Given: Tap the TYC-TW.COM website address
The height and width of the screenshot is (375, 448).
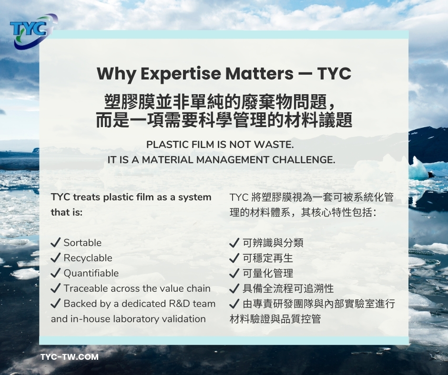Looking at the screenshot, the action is [x=70, y=357].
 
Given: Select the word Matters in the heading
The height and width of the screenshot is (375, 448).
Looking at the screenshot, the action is [x=259, y=74].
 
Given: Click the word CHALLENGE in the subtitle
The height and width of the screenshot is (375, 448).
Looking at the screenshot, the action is [x=304, y=159].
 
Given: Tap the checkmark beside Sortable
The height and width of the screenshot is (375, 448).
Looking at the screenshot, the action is [x=55, y=242].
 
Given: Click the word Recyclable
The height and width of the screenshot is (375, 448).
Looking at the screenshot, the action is [x=88, y=258].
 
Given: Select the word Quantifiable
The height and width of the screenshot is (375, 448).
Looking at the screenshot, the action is [x=91, y=273].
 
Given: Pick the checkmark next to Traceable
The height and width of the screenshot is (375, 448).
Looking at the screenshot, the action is [x=55, y=288].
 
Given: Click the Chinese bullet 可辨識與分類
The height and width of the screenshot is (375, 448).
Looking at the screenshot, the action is [x=273, y=243].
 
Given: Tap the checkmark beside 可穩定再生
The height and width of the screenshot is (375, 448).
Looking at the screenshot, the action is [x=234, y=258].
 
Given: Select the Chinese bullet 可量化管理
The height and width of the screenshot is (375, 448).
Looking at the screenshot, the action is [x=268, y=273].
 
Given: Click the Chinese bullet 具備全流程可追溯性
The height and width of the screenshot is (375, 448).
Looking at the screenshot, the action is [x=288, y=288].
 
